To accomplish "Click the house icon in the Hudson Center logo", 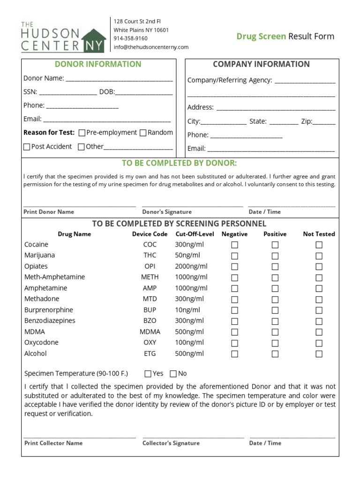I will pos(94,41).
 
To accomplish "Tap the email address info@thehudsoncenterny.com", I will pos(151,47).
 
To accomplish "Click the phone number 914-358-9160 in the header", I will pos(130,38).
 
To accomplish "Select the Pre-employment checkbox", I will pos(82,133).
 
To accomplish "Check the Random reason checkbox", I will pos(143,133).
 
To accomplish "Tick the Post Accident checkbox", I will pos(27,147).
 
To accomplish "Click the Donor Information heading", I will pos(98,64).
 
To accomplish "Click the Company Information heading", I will pos(261,64).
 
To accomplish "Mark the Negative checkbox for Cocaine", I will pos(234,245).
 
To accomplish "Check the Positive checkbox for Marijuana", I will pos(275,255).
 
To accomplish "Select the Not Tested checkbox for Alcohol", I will pos(319,354).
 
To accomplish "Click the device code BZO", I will pos(150,321).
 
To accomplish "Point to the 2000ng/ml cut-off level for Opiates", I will pos(191,266).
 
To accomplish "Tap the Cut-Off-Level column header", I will pos(194,234).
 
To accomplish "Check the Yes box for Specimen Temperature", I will pos(148,374).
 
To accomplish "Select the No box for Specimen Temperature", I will pos(173,374).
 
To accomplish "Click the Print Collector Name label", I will pos(53,443).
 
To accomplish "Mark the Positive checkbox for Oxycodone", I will pos(275,343).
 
